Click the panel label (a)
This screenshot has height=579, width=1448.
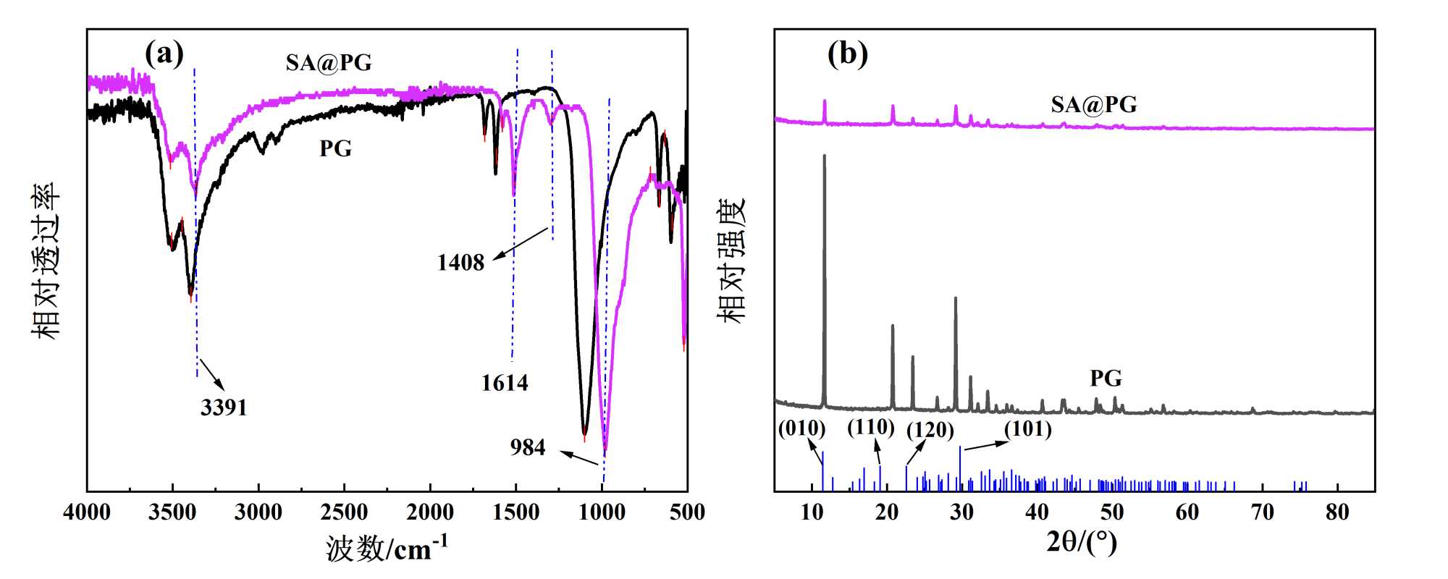[x=164, y=54]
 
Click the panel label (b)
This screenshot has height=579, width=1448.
[x=848, y=54]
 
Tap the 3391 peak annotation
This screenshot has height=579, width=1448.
[x=224, y=408]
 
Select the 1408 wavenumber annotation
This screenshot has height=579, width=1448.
[x=460, y=263]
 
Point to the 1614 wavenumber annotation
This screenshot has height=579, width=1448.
[x=505, y=383]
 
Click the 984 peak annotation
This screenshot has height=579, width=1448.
[x=527, y=448]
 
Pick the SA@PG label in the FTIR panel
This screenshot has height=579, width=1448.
[x=329, y=64]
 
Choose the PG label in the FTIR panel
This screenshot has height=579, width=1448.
[x=335, y=149]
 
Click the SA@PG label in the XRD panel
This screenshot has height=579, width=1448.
[x=1094, y=105]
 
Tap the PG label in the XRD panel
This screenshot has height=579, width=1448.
[x=1106, y=379]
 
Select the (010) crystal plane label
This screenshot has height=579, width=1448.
[x=802, y=428]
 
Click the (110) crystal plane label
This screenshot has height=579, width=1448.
[x=871, y=428]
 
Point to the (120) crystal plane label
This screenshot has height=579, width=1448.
[x=930, y=431]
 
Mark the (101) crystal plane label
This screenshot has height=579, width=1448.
[x=1028, y=429]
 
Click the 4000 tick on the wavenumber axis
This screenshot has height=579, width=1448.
[x=87, y=513]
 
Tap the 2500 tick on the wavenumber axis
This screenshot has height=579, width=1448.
[x=345, y=513]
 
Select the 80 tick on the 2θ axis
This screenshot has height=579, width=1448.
[x=1337, y=513]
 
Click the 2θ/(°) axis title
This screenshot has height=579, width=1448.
[x=1082, y=542]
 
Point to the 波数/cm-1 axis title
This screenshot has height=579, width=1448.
[x=387, y=549]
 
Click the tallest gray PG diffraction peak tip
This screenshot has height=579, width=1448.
[x=824, y=156]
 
